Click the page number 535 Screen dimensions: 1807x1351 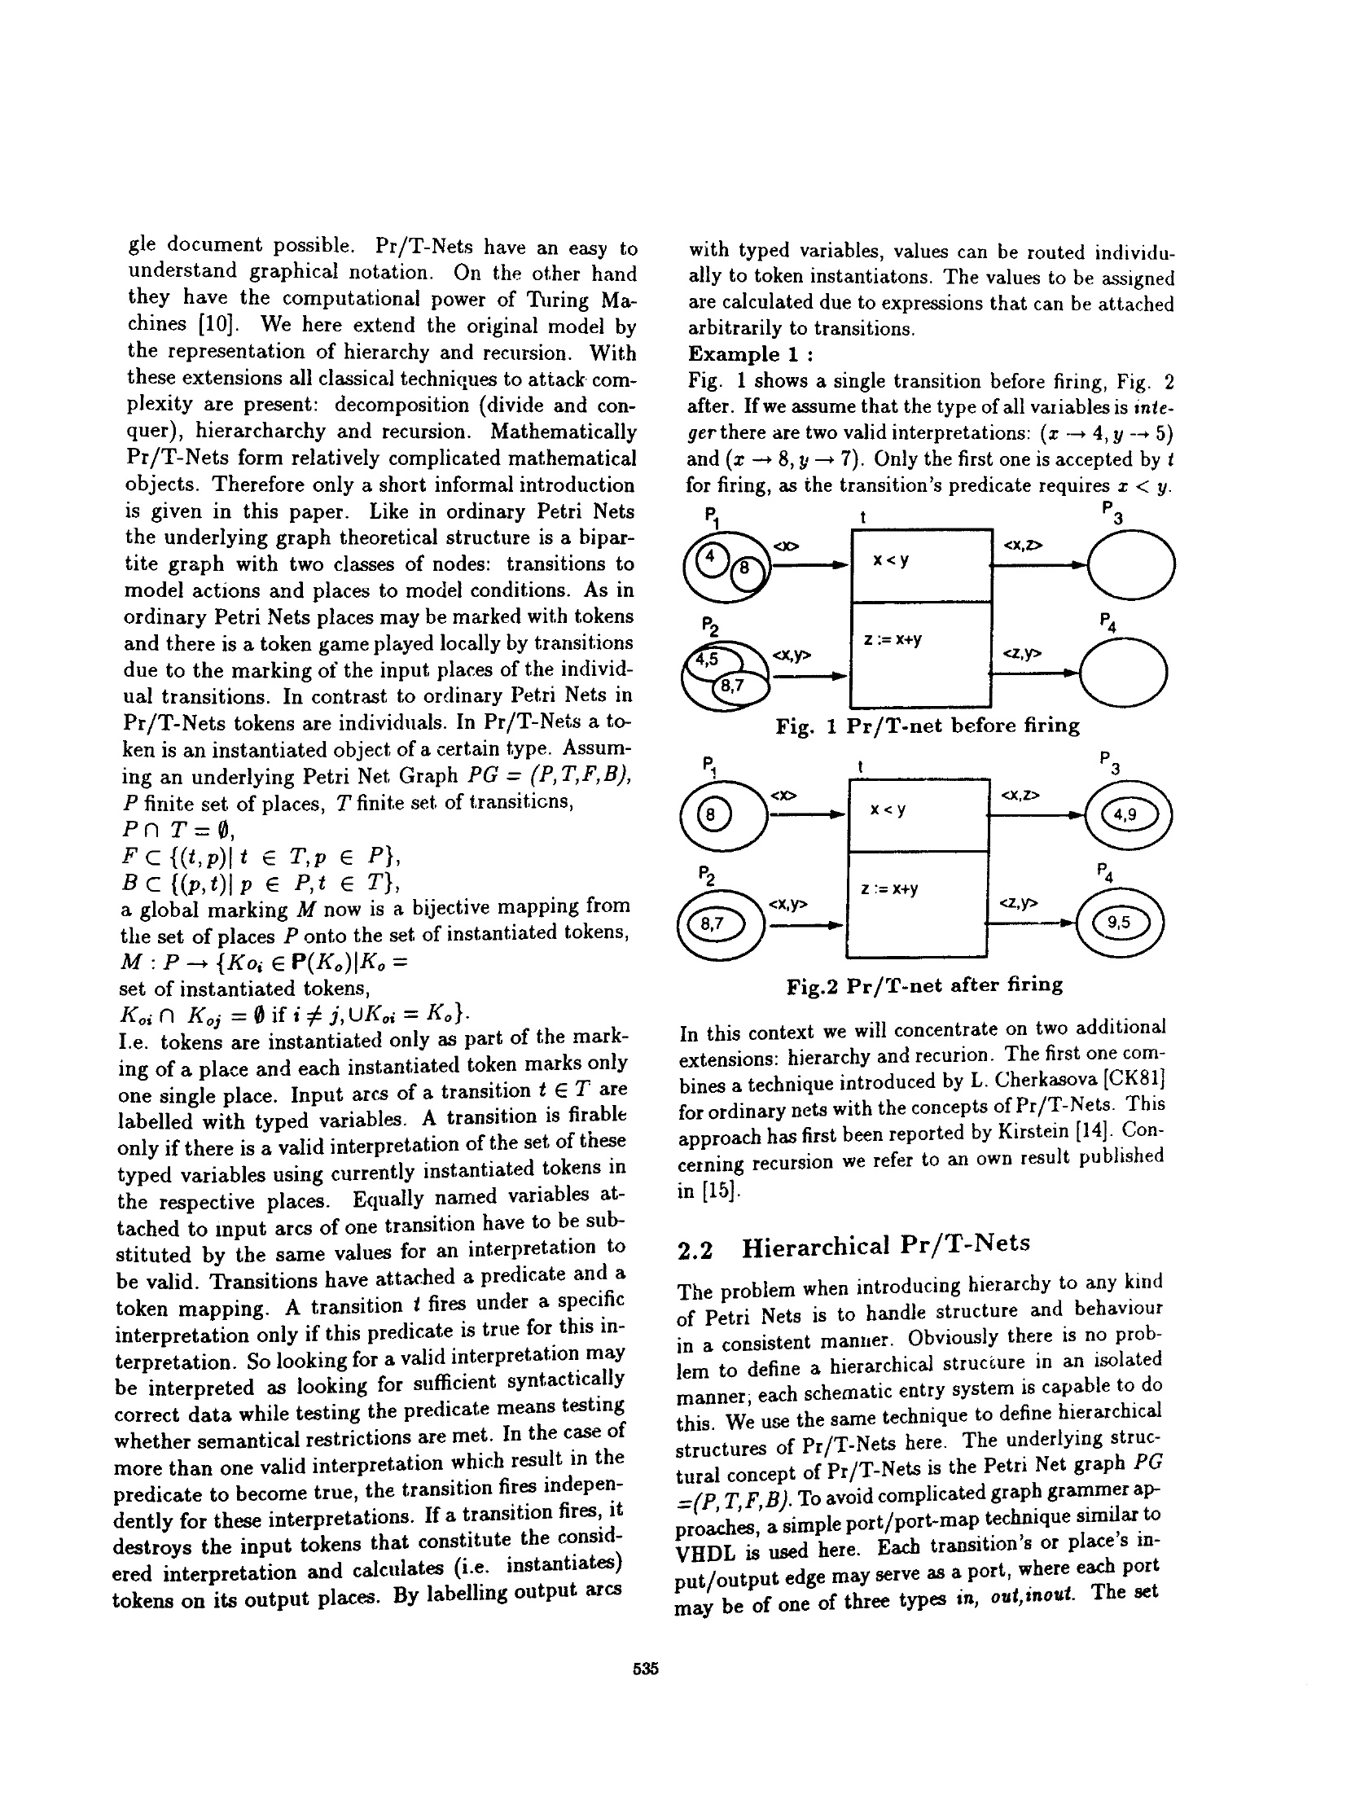point(644,1669)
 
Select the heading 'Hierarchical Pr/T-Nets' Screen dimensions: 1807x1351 point(885,1245)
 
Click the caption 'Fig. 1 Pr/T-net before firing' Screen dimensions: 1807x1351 point(927,726)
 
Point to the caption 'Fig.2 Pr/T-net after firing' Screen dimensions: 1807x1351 point(923,985)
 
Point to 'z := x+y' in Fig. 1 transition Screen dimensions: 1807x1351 point(893,640)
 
